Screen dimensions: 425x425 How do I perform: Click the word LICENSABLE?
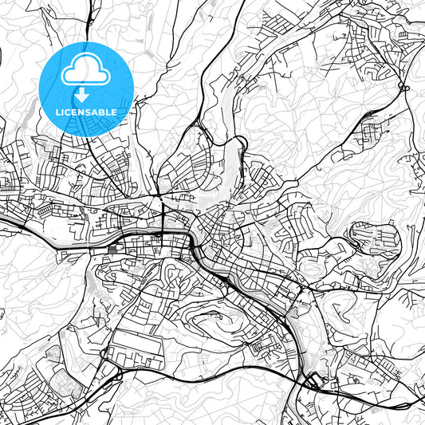pyautogui.click(x=86, y=112)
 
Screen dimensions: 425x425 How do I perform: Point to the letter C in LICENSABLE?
pyautogui.click(x=69, y=112)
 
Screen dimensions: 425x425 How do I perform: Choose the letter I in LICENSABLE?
pyautogui.click(x=63, y=112)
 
